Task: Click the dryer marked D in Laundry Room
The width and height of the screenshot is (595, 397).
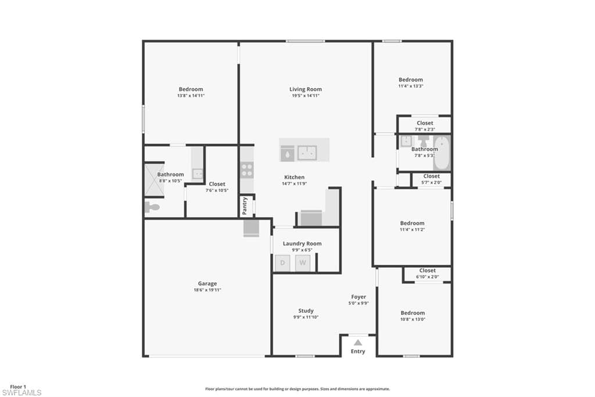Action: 282,263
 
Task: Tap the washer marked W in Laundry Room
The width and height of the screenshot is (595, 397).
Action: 302,263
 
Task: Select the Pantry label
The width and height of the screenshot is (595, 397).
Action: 245,205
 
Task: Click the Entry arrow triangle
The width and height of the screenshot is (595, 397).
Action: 358,342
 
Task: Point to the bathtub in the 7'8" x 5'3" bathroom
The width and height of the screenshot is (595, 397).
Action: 442,153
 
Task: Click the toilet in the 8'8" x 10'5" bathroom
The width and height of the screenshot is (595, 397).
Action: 152,207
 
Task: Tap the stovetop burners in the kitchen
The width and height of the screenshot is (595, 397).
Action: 247,169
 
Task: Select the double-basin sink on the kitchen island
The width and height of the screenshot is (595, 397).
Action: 307,153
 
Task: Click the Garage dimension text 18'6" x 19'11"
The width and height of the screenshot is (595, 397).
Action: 207,290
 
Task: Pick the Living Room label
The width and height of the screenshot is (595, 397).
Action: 306,89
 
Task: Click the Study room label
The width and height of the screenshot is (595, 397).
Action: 306,311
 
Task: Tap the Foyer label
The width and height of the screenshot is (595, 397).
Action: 359,297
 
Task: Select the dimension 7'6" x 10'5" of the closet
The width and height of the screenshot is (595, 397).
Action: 217,190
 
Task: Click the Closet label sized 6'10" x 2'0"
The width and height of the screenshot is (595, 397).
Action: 428,270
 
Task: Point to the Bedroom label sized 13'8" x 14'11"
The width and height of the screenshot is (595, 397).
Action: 191,89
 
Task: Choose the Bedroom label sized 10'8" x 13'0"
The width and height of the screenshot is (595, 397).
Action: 413,313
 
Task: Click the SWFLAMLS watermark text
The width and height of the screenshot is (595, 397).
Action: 21,392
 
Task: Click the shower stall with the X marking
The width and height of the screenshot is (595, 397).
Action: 155,180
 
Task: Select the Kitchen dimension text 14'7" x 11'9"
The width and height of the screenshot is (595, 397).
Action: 294,183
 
